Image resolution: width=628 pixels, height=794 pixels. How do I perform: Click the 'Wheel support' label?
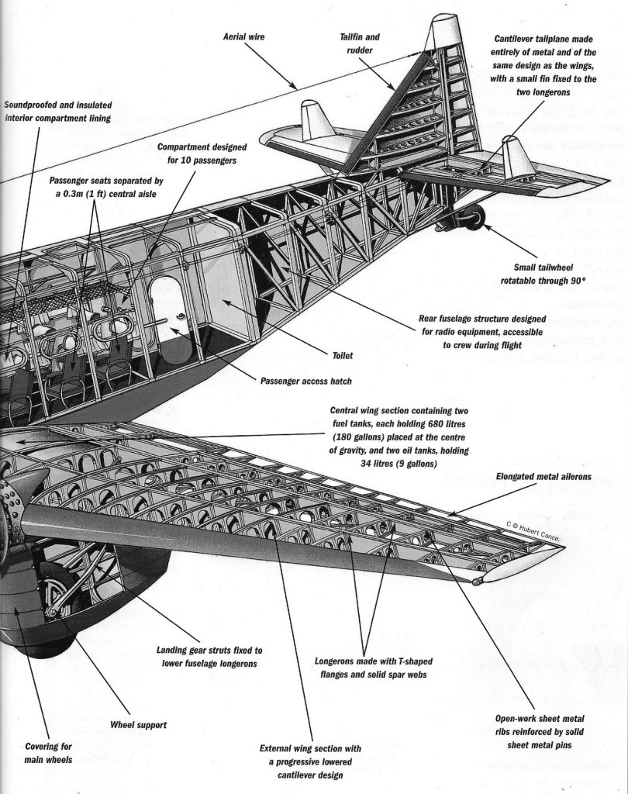coord(140,725)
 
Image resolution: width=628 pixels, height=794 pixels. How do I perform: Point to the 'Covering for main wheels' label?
coord(48,753)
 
